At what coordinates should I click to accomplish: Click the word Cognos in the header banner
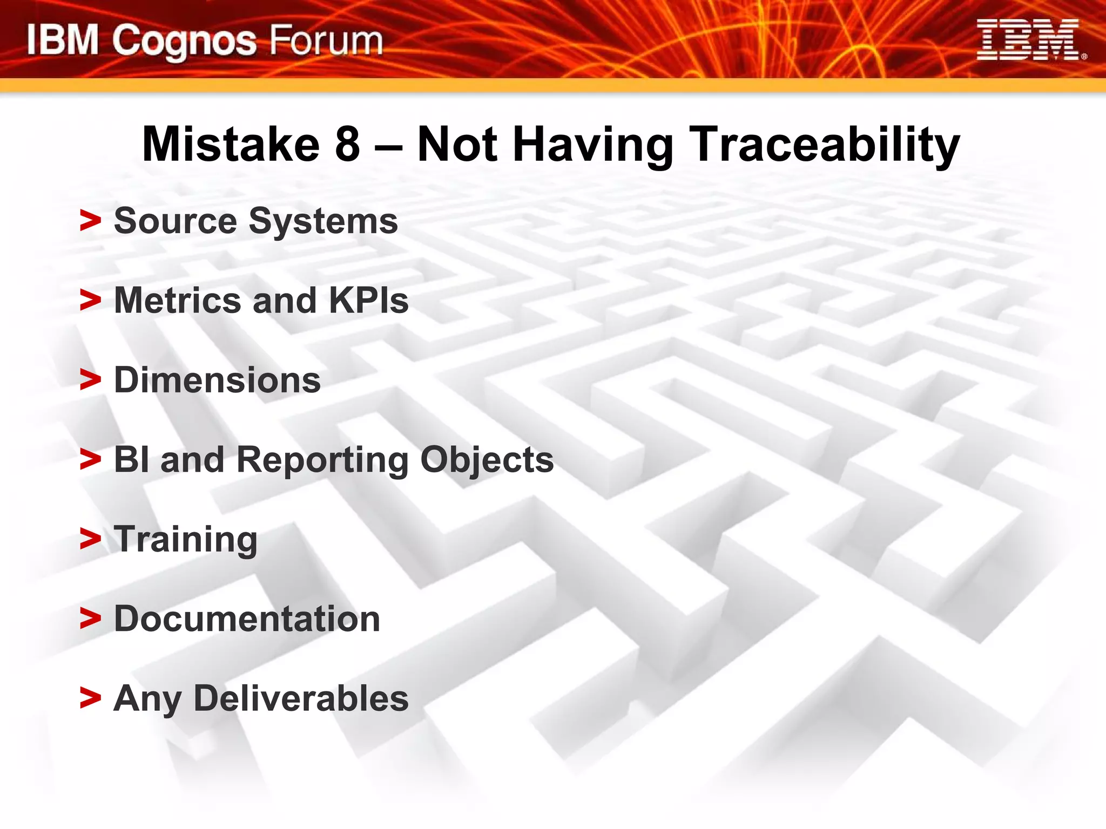(184, 42)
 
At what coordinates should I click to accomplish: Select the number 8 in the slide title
(347, 144)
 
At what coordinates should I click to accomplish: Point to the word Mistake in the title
(231, 144)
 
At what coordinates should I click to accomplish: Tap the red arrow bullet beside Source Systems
(90, 221)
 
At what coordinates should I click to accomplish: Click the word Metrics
(178, 301)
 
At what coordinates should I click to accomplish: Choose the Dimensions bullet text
(217, 380)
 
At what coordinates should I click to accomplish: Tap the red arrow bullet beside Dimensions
(90, 380)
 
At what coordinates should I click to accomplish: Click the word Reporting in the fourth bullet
(322, 460)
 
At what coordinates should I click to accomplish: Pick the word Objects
(487, 460)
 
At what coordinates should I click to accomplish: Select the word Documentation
(247, 619)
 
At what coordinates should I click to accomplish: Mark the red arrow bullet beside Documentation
(90, 619)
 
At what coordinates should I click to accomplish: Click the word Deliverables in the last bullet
(301, 698)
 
